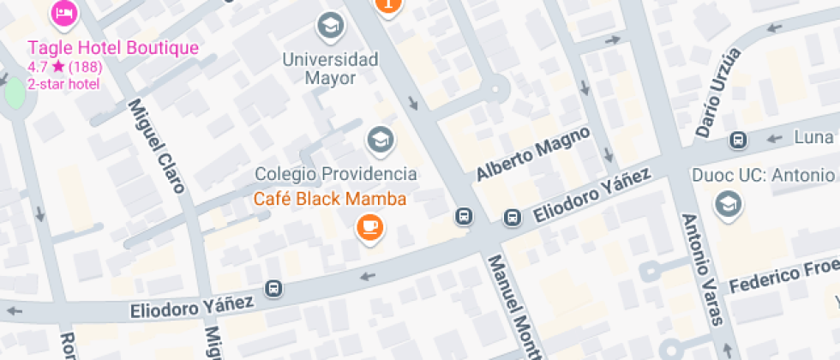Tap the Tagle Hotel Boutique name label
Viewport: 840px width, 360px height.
113,48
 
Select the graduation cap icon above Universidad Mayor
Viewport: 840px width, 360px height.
329,27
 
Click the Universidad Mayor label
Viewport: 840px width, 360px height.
330,69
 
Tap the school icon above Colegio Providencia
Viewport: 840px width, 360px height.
379,139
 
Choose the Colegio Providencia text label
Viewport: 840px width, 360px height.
336,174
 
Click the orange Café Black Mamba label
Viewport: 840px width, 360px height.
329,199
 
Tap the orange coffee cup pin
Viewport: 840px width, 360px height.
370,227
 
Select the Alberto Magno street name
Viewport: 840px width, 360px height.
533,154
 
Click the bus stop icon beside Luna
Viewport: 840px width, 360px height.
737,140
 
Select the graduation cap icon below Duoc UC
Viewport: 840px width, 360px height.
729,205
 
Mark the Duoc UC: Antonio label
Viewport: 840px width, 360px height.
763,176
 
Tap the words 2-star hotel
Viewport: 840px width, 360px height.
63,84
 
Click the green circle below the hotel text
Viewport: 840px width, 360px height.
15,93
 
